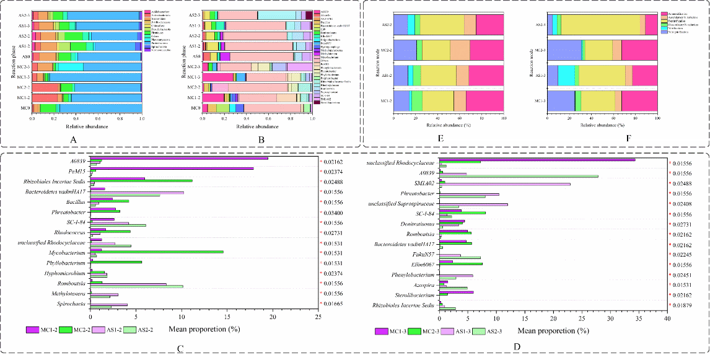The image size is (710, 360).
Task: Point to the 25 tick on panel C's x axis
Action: [x=318, y=317]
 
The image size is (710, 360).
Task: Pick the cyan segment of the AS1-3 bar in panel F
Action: [x=566, y=75]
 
